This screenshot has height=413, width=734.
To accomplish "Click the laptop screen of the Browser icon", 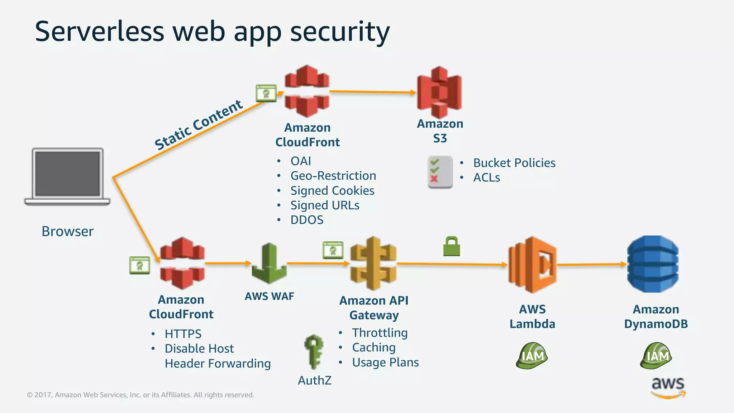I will pos(67,174).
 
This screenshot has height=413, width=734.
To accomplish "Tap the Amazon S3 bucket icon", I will pos(439,92).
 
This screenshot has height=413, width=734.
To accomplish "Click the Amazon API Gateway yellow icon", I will pos(373,264).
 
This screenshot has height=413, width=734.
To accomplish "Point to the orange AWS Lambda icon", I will pos(532,265).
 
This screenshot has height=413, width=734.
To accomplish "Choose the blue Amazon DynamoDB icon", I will pos(653,264).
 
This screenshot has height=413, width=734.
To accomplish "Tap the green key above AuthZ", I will pos(314,351).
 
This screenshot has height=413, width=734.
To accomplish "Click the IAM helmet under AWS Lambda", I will pos(532,356).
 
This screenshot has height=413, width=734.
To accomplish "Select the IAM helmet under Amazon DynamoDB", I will pos(656,356).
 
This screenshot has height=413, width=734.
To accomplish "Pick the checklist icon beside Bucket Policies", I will pos(440,172).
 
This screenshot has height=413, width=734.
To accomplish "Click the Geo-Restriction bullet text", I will pos(333,176).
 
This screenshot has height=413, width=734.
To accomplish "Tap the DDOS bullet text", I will pos(307,220).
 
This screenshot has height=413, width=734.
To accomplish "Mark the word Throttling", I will pos(380,333).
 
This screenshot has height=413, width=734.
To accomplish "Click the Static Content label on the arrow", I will pos(199,125).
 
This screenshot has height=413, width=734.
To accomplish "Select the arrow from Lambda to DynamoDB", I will pos(591,265).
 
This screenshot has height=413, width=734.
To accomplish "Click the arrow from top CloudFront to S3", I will pos(373,92).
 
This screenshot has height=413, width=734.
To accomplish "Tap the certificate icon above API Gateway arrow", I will pos(333,250).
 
